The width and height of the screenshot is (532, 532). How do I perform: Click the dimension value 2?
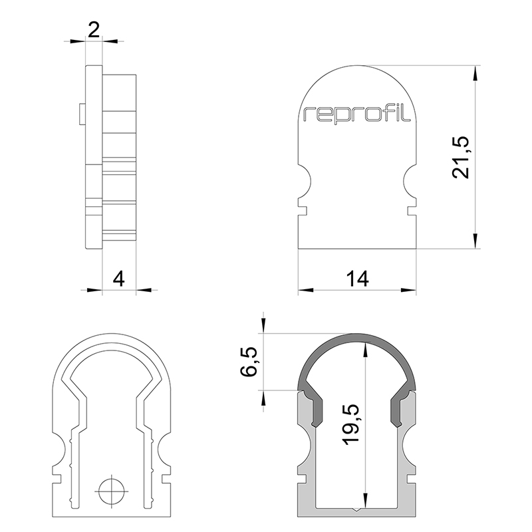[x=94, y=30]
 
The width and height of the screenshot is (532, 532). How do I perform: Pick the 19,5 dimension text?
[x=350, y=425]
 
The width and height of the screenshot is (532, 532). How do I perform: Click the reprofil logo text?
[x=357, y=114]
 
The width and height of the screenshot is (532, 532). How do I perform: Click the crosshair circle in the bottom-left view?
[x=111, y=491]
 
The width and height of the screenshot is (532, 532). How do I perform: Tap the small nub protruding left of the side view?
[x=82, y=114]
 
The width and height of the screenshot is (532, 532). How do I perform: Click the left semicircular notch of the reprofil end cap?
[x=305, y=181]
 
